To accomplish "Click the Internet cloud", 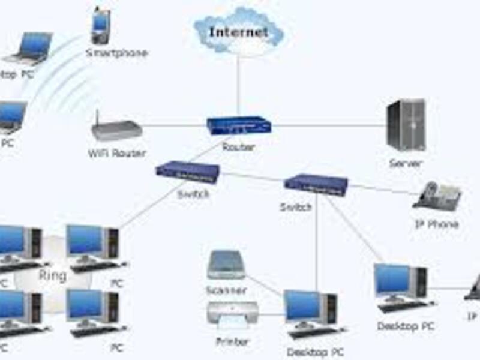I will [238, 30].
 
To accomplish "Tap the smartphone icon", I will [100, 25].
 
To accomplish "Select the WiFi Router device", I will [116, 127].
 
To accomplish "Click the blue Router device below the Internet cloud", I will [239, 125].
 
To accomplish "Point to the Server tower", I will [406, 125].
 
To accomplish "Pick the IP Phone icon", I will [437, 196].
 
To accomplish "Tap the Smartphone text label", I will [116, 53].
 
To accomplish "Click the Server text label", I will [406, 163].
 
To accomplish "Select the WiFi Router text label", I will [117, 154].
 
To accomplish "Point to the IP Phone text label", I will [437, 224].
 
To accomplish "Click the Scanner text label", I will [226, 290].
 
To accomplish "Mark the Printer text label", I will [232, 342].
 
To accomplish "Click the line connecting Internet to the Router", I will [238, 84].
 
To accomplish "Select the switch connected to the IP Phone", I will [316, 184].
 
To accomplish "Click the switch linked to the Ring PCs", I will [187, 170].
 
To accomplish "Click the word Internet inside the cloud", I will [238, 32].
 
